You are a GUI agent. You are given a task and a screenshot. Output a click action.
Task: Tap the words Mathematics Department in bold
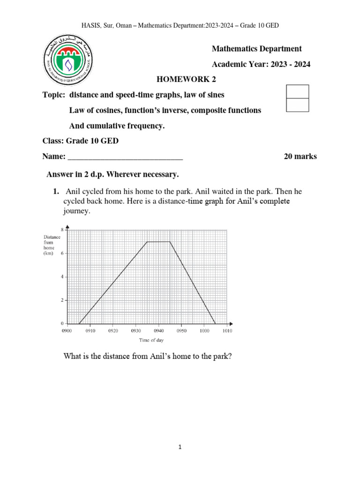(257, 49)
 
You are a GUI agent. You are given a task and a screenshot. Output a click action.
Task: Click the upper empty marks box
(297, 91)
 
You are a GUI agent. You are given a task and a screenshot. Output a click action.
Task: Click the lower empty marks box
(297, 105)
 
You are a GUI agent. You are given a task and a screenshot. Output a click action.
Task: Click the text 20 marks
(300, 157)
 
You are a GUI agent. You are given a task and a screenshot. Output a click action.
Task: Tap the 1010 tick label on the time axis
(227, 330)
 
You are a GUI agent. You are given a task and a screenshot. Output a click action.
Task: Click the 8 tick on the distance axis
(62, 229)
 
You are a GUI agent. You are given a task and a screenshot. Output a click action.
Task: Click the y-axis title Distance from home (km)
(52, 245)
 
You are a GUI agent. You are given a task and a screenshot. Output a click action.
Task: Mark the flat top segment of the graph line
(158, 242)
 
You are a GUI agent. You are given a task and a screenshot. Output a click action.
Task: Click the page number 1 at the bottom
(180, 447)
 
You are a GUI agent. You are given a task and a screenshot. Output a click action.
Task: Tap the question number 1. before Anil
(55, 191)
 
